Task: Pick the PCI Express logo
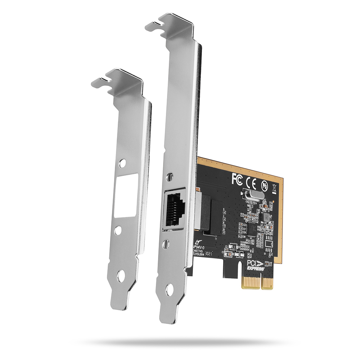click(x=256, y=266)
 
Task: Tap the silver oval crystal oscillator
click(x=252, y=196)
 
